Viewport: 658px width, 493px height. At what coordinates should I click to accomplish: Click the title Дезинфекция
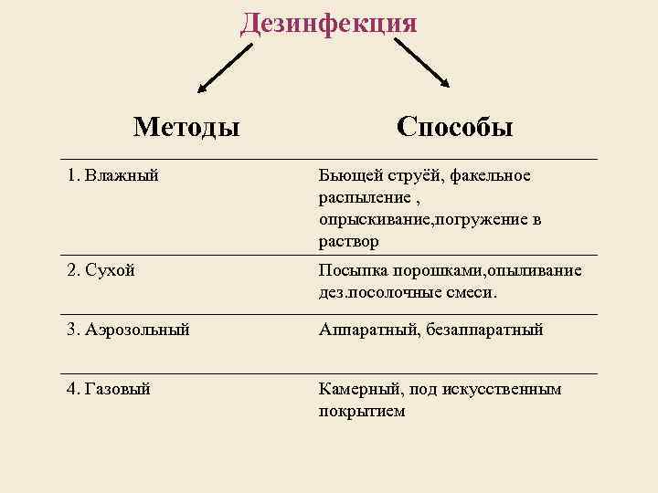tap(328, 22)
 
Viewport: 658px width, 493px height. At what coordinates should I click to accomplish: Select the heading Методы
tap(186, 125)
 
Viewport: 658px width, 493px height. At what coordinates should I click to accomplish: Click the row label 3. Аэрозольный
tap(128, 329)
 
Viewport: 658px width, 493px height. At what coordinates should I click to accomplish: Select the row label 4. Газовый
tap(109, 389)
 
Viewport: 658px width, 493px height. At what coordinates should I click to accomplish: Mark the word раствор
tap(348, 242)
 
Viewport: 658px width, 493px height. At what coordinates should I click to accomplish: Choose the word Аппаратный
tap(367, 330)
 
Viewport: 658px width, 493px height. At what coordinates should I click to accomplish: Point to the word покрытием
tap(361, 411)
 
